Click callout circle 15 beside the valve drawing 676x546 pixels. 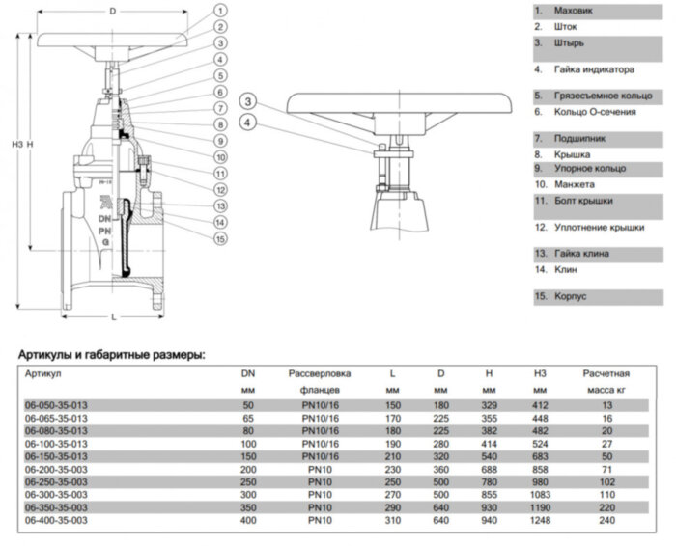coord(221,239)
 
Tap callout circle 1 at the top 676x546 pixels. coord(221,11)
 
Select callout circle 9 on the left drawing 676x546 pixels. coord(221,141)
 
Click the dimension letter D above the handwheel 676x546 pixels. coord(113,11)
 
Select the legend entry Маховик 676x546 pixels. coord(574,11)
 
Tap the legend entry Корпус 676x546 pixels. coord(570,296)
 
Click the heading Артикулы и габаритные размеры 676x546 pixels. coord(112,356)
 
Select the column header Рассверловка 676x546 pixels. coord(320,372)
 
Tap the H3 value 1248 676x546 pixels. coord(539,519)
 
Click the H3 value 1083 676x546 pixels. coord(539,494)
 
